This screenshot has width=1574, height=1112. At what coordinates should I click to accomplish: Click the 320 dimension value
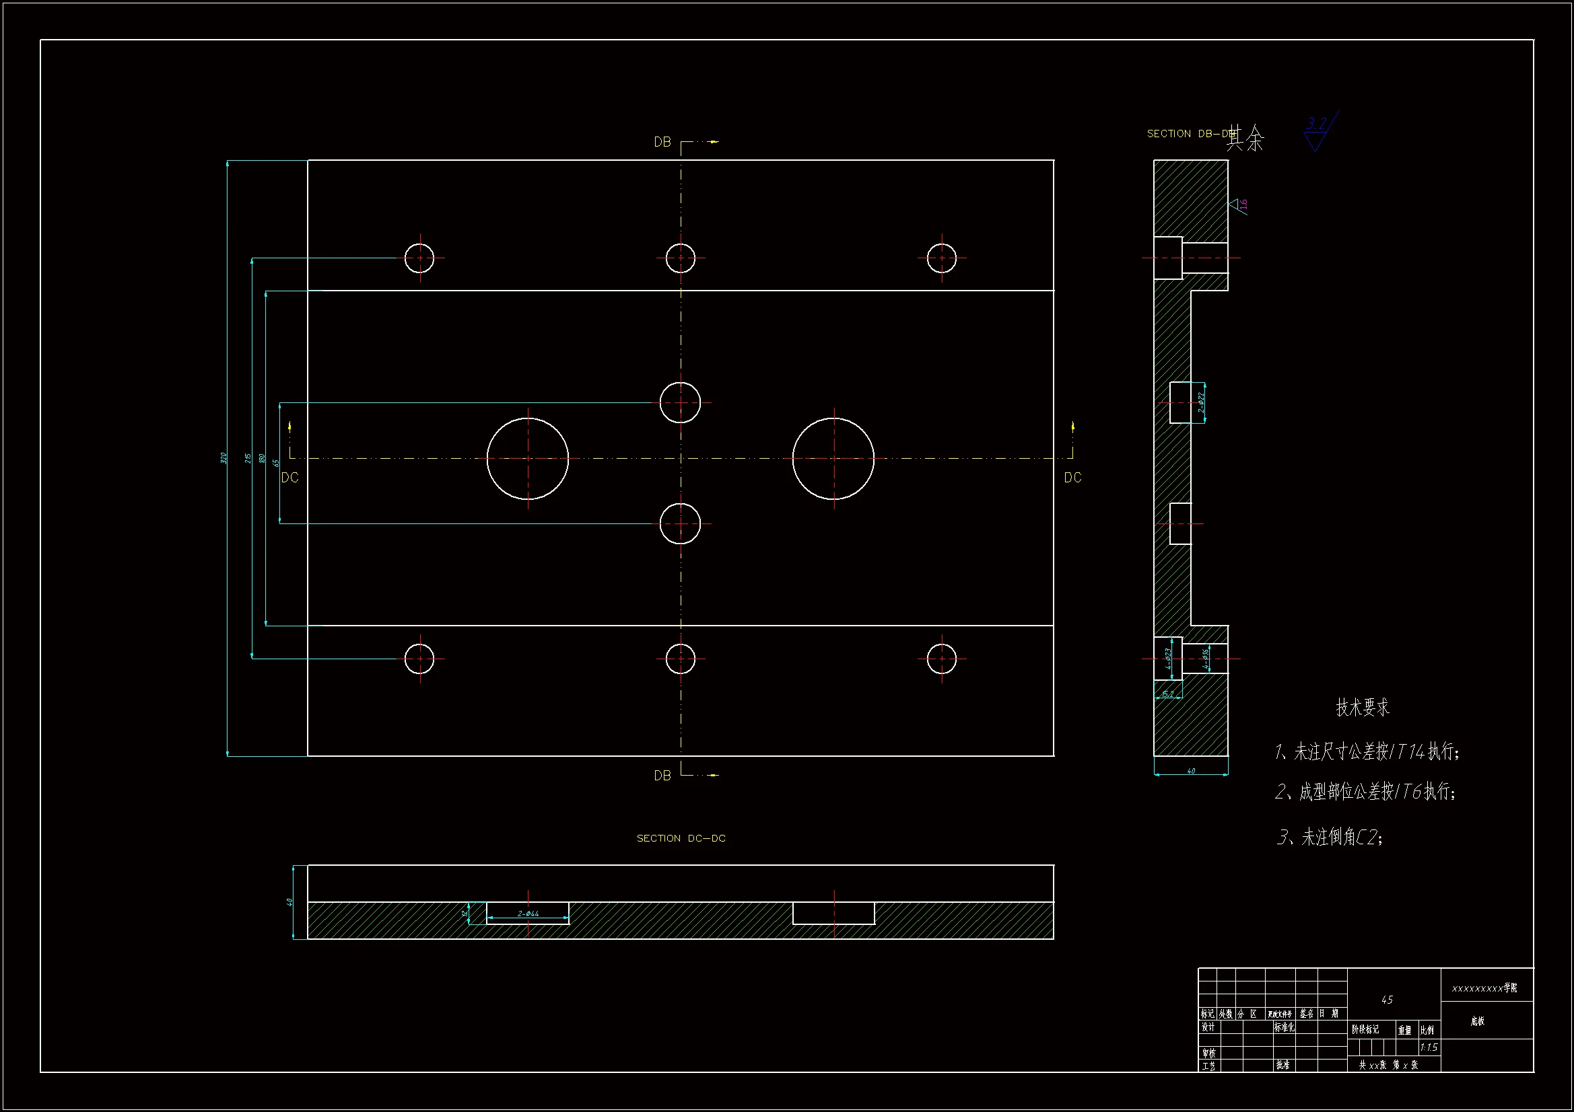(x=224, y=457)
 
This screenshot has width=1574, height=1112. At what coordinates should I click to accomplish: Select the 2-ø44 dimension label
(x=528, y=914)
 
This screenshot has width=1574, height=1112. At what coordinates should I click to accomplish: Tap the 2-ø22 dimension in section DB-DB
(x=1200, y=402)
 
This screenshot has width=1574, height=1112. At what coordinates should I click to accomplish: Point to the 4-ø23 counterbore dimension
(x=1168, y=659)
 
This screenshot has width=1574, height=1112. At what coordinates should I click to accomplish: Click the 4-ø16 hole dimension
(x=1206, y=659)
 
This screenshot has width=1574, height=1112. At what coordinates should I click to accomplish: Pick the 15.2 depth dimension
(x=1167, y=694)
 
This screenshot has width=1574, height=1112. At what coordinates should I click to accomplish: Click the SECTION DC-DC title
(x=681, y=838)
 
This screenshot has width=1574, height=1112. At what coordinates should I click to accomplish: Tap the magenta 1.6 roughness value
(x=1243, y=205)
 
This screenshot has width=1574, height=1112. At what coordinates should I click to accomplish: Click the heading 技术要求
(x=1362, y=708)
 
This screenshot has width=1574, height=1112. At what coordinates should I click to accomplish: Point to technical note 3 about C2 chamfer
(x=1329, y=837)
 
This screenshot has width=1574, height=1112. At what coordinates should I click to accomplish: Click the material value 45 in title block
(x=1387, y=1000)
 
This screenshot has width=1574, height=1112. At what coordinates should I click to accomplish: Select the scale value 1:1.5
(x=1429, y=1047)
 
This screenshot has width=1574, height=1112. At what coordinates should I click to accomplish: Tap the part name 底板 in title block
(x=1477, y=1021)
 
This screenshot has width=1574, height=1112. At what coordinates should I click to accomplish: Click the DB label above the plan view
(x=662, y=142)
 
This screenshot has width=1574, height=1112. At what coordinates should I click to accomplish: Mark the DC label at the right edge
(x=1072, y=478)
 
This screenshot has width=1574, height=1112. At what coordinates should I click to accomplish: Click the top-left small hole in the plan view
(x=419, y=258)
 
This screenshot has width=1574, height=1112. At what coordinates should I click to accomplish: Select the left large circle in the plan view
(x=528, y=458)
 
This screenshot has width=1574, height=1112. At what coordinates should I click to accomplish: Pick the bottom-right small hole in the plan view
(x=941, y=659)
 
